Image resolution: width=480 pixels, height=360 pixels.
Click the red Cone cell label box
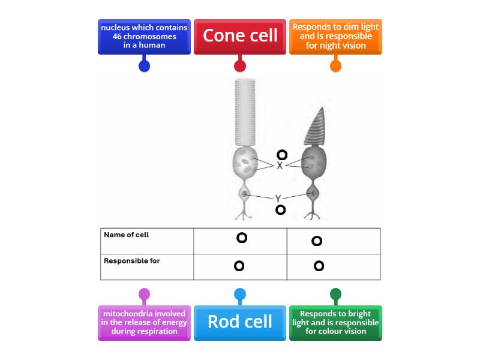click(240, 36)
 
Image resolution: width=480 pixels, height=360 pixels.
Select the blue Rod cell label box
click(240, 322)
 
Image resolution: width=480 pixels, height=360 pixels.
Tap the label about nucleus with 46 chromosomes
click(144, 37)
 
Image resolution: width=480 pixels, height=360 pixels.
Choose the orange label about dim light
click(336, 37)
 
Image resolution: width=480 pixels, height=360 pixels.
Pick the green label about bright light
click(336, 322)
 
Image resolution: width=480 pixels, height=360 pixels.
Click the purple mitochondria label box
click(144, 322)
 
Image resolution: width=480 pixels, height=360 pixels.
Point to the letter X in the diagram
click(280, 166)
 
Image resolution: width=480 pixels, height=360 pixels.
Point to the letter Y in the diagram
click(278, 198)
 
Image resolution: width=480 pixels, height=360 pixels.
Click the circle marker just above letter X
click(281, 155)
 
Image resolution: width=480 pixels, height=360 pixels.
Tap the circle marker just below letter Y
click(280, 209)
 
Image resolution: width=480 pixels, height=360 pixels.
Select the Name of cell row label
click(127, 235)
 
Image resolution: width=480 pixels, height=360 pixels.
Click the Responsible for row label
click(132, 261)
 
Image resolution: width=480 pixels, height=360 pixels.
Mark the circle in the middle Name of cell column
click(241, 238)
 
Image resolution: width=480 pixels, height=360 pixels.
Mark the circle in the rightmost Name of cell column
click(317, 241)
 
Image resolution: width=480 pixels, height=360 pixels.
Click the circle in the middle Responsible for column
click(239, 265)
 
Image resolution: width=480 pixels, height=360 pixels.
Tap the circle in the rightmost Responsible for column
click(319, 265)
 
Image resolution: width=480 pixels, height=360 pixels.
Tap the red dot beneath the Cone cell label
click(240, 66)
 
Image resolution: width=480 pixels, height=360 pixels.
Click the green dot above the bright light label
click(336, 294)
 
